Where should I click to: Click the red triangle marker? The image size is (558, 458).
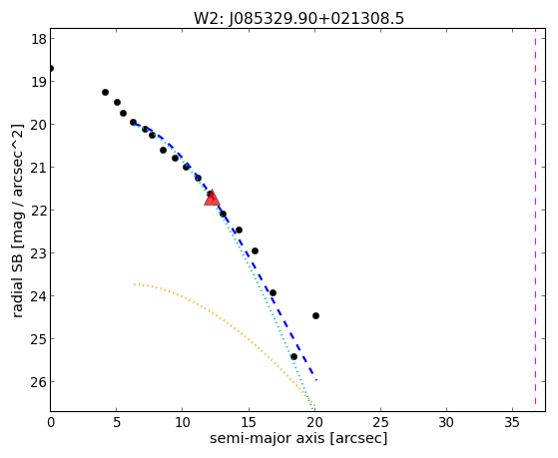click(212, 198)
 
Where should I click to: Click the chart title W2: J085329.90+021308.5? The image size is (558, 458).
click(298, 19)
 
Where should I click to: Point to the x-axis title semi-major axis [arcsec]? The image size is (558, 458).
click(298, 438)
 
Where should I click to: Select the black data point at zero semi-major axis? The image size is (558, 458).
click(51, 68)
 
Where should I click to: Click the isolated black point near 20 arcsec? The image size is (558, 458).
click(315, 315)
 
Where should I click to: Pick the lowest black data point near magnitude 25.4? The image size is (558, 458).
click(293, 356)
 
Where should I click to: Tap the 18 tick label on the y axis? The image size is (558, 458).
click(39, 39)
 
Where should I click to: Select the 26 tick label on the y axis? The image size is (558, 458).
click(39, 382)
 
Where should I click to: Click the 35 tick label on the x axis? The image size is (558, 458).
click(513, 422)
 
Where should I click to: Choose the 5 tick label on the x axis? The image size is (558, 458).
click(117, 422)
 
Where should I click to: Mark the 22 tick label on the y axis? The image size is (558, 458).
click(39, 211)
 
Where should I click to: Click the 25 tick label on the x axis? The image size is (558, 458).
click(380, 422)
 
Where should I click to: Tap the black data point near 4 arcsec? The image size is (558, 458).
click(105, 92)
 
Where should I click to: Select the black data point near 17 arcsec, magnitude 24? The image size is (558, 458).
click(273, 293)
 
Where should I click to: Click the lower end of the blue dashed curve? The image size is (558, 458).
click(316, 380)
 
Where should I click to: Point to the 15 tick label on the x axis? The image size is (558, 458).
click(249, 422)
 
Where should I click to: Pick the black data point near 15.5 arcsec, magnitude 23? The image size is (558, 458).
click(255, 250)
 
